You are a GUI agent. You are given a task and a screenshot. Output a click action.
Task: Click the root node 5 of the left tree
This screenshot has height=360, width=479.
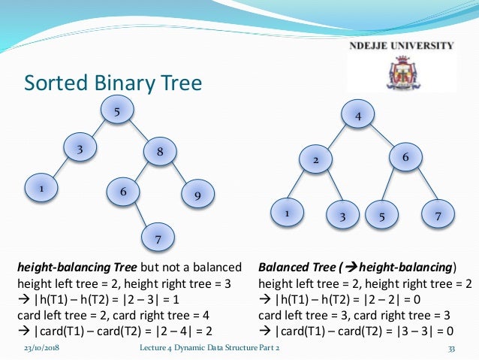117,113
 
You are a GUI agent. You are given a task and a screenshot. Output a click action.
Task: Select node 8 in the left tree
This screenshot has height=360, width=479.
160,152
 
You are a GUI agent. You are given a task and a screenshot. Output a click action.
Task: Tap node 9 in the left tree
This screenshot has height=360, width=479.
197,195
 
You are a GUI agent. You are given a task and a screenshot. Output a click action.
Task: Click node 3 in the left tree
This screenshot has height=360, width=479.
79,149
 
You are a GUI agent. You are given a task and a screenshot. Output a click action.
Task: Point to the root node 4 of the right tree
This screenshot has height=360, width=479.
359,117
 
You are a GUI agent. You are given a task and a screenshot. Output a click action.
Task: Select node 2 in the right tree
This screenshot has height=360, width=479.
316,160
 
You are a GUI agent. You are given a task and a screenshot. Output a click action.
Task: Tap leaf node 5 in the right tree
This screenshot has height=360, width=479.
382,216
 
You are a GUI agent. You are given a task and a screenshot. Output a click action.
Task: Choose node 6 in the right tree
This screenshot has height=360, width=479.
405,158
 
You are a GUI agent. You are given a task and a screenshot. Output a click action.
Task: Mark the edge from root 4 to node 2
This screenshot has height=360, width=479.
338,138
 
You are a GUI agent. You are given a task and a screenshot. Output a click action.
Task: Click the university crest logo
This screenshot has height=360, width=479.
404,74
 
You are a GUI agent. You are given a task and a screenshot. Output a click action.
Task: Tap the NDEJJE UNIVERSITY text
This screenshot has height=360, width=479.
402,45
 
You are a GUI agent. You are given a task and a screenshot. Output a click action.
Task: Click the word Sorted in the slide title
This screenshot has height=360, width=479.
55,82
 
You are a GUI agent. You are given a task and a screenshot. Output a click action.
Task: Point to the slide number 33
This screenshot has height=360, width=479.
451,349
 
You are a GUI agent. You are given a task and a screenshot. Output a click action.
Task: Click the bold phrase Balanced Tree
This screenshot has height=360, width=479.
294,267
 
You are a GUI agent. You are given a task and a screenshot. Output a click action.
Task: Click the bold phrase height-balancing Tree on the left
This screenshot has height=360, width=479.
77,267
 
